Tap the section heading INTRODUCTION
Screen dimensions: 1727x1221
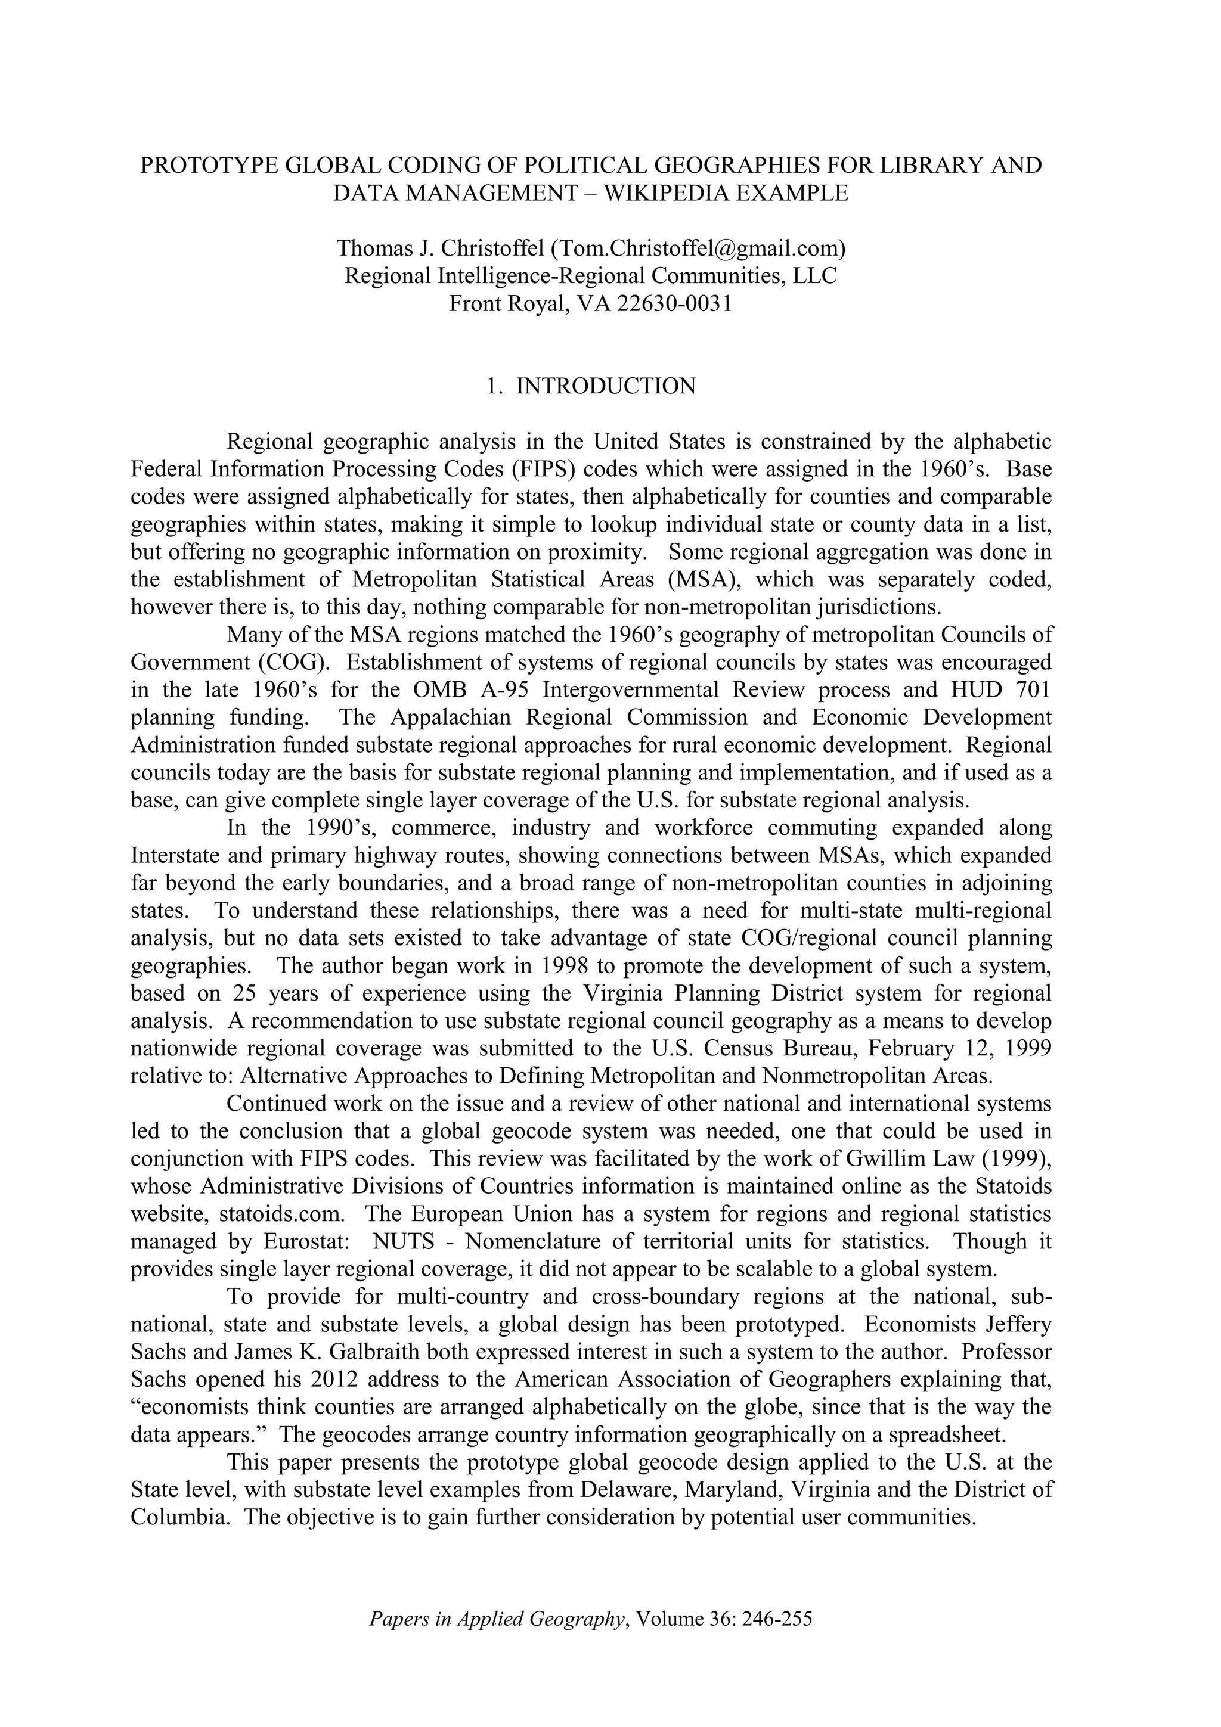[606, 387]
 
